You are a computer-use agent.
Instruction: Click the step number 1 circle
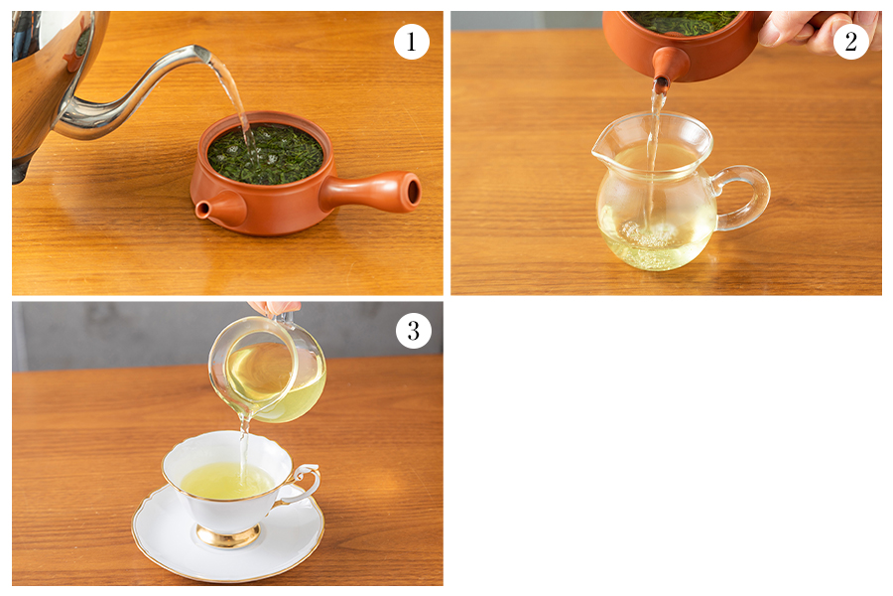point(411,42)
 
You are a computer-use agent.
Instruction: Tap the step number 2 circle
point(851,41)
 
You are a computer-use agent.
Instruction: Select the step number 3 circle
point(414,331)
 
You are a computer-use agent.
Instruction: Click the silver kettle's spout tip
point(203,54)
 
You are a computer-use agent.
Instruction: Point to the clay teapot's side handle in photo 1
point(371,192)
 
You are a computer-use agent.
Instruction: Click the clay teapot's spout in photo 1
point(220,208)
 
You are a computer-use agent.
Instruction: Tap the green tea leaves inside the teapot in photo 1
point(265,153)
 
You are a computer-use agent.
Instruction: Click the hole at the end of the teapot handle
point(414,192)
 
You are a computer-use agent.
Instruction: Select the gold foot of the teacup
point(228,536)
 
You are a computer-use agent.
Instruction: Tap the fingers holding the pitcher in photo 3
point(275,309)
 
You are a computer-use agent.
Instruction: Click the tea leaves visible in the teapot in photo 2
point(684,23)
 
